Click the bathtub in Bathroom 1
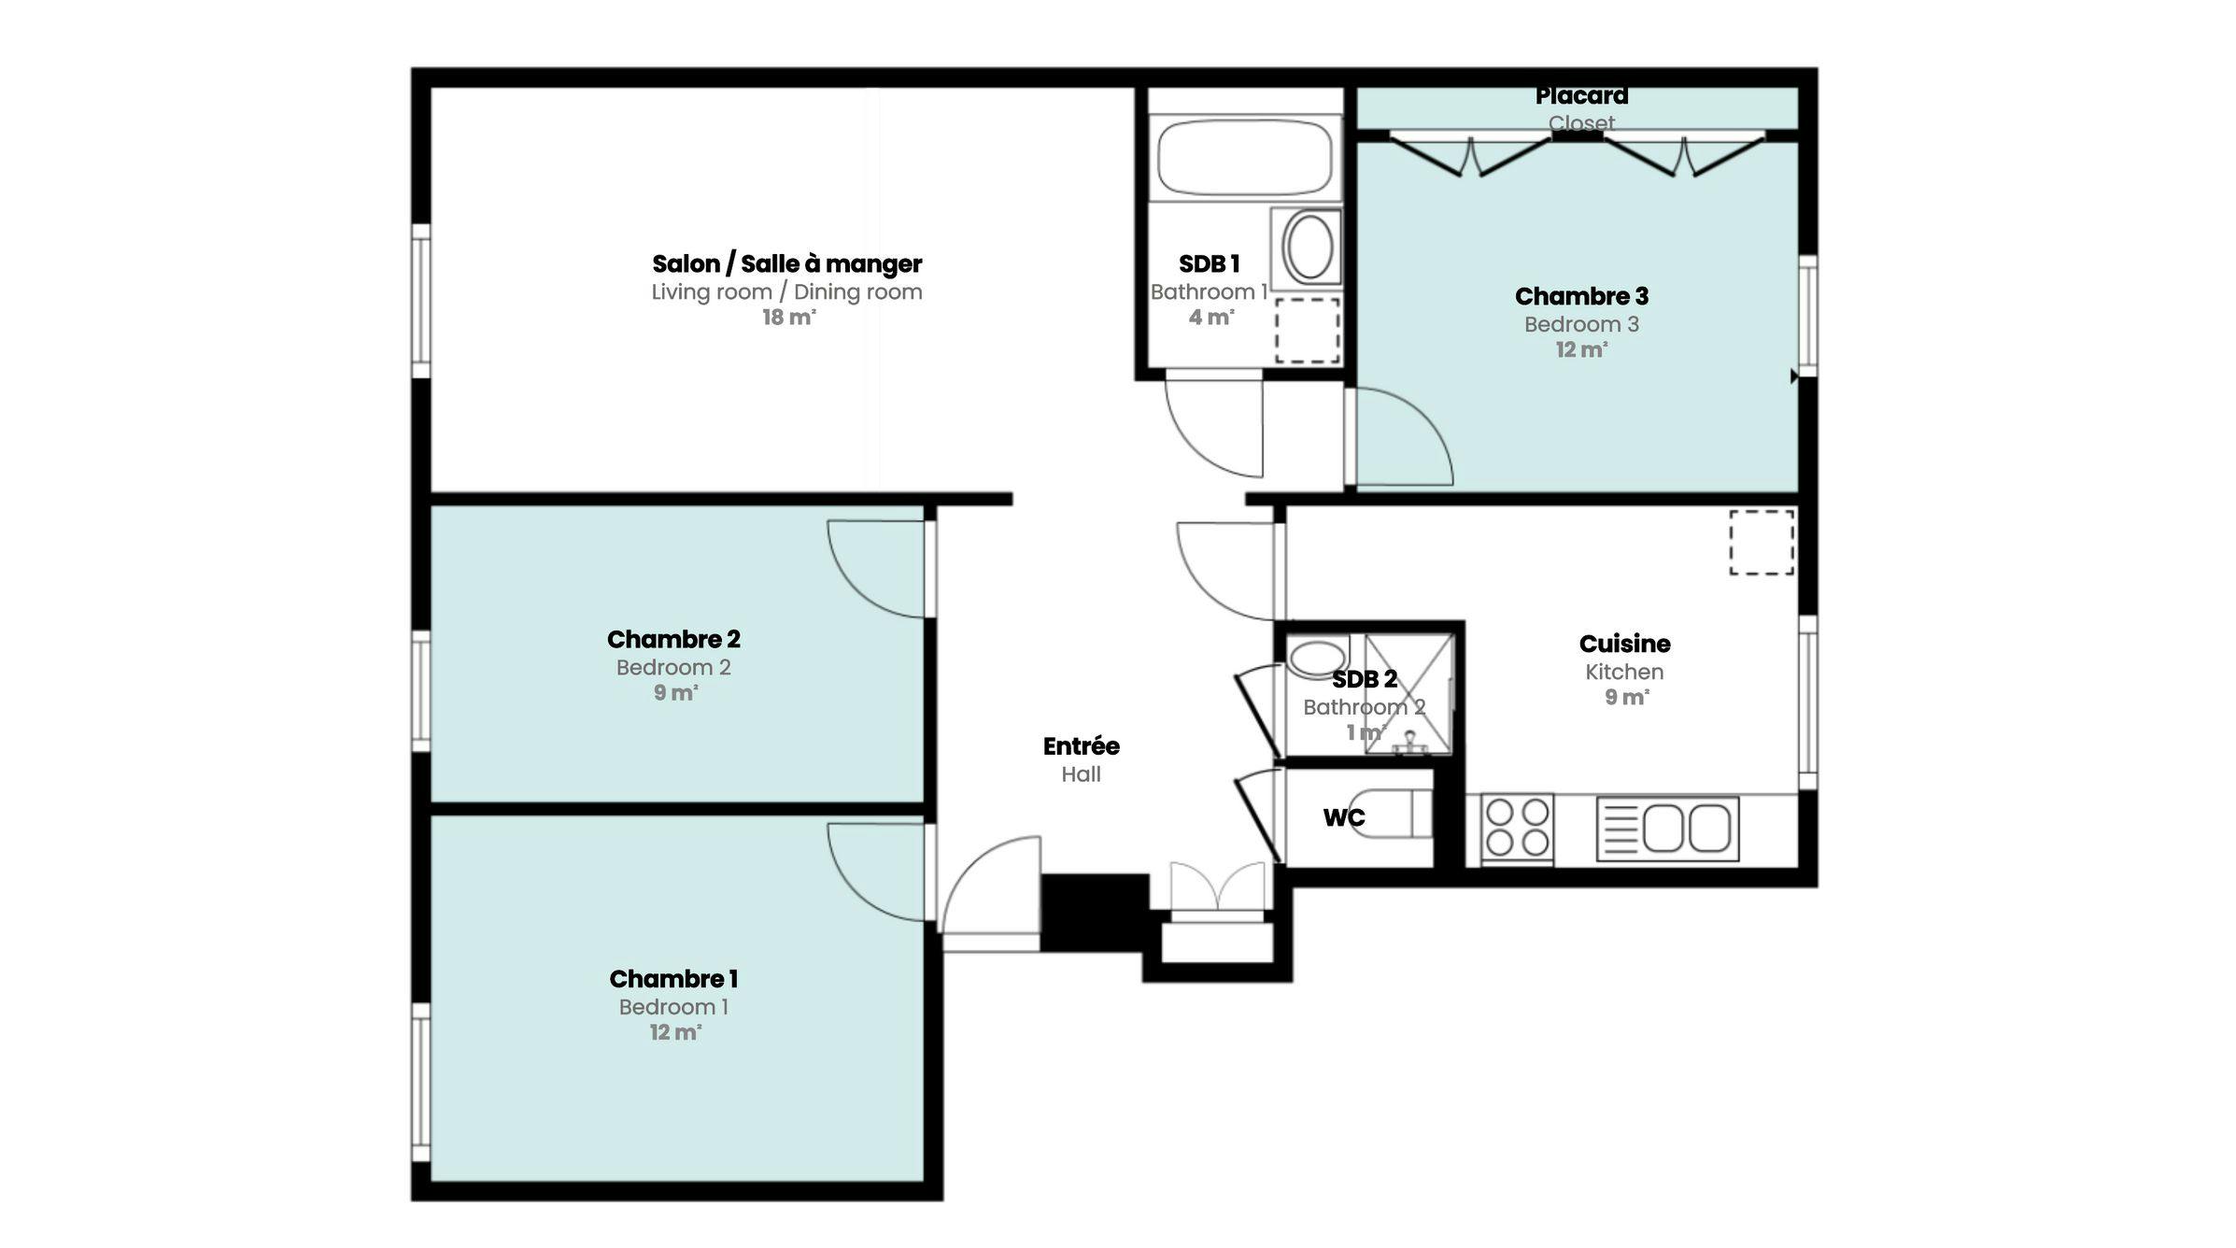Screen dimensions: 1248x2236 tap(1244, 158)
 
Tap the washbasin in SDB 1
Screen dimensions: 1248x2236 tap(1309, 247)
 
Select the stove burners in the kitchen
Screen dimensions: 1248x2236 tap(1517, 828)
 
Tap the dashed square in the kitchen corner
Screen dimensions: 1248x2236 tap(1762, 542)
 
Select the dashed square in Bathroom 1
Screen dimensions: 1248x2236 tap(1308, 330)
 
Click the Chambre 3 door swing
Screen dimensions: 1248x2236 tap(1401, 437)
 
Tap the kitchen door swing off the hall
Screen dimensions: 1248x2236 tap(1226, 570)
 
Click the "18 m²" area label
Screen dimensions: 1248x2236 tap(788, 318)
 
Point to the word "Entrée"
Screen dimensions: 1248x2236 tap(1081, 746)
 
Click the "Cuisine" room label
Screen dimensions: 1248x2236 tap(1624, 644)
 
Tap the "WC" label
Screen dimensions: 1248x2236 tap(1344, 818)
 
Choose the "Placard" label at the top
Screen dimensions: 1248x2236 tap(1581, 96)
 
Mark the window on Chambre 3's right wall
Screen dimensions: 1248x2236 tap(1807, 316)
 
